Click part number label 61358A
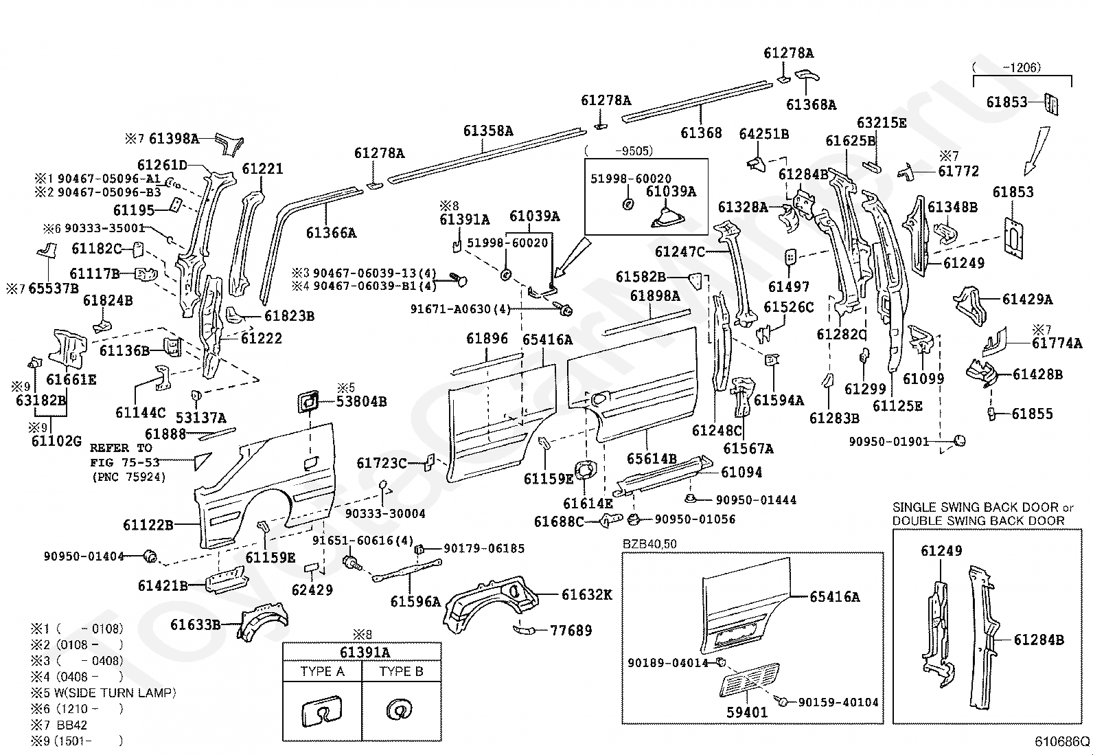(x=487, y=131)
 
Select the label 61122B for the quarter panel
(x=148, y=526)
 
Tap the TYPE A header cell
(x=322, y=671)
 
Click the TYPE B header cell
(x=402, y=671)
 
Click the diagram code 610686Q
(x=1062, y=741)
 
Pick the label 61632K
(x=586, y=595)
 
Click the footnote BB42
(x=72, y=725)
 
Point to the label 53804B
(x=360, y=401)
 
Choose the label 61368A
(x=811, y=104)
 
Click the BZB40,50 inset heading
(x=649, y=544)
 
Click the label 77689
(x=571, y=630)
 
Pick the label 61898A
(x=655, y=296)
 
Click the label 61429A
(x=1027, y=299)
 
